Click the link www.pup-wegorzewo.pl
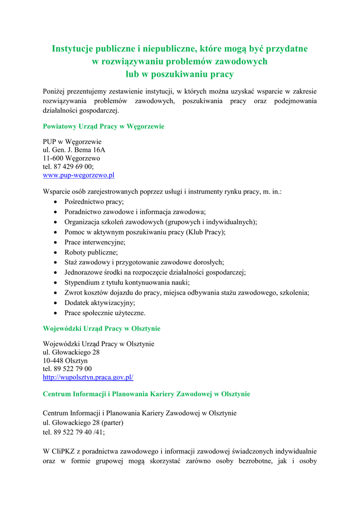coord(78,175)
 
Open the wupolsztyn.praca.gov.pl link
coord(88,377)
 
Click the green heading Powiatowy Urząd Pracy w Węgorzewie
coord(103,127)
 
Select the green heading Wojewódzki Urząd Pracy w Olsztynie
coord(101,328)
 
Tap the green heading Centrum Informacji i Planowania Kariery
coord(146,394)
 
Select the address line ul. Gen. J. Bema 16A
coord(74,150)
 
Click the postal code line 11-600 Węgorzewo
coord(72,158)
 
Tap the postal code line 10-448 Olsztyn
coord(65,361)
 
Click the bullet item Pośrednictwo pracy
coord(94,202)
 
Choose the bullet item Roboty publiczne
coord(91,253)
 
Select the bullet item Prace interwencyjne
coord(95,242)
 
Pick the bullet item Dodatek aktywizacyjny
coord(99,303)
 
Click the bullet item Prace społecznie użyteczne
coord(105,313)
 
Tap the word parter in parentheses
coord(112,423)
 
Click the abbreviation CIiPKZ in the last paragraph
coord(64,451)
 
